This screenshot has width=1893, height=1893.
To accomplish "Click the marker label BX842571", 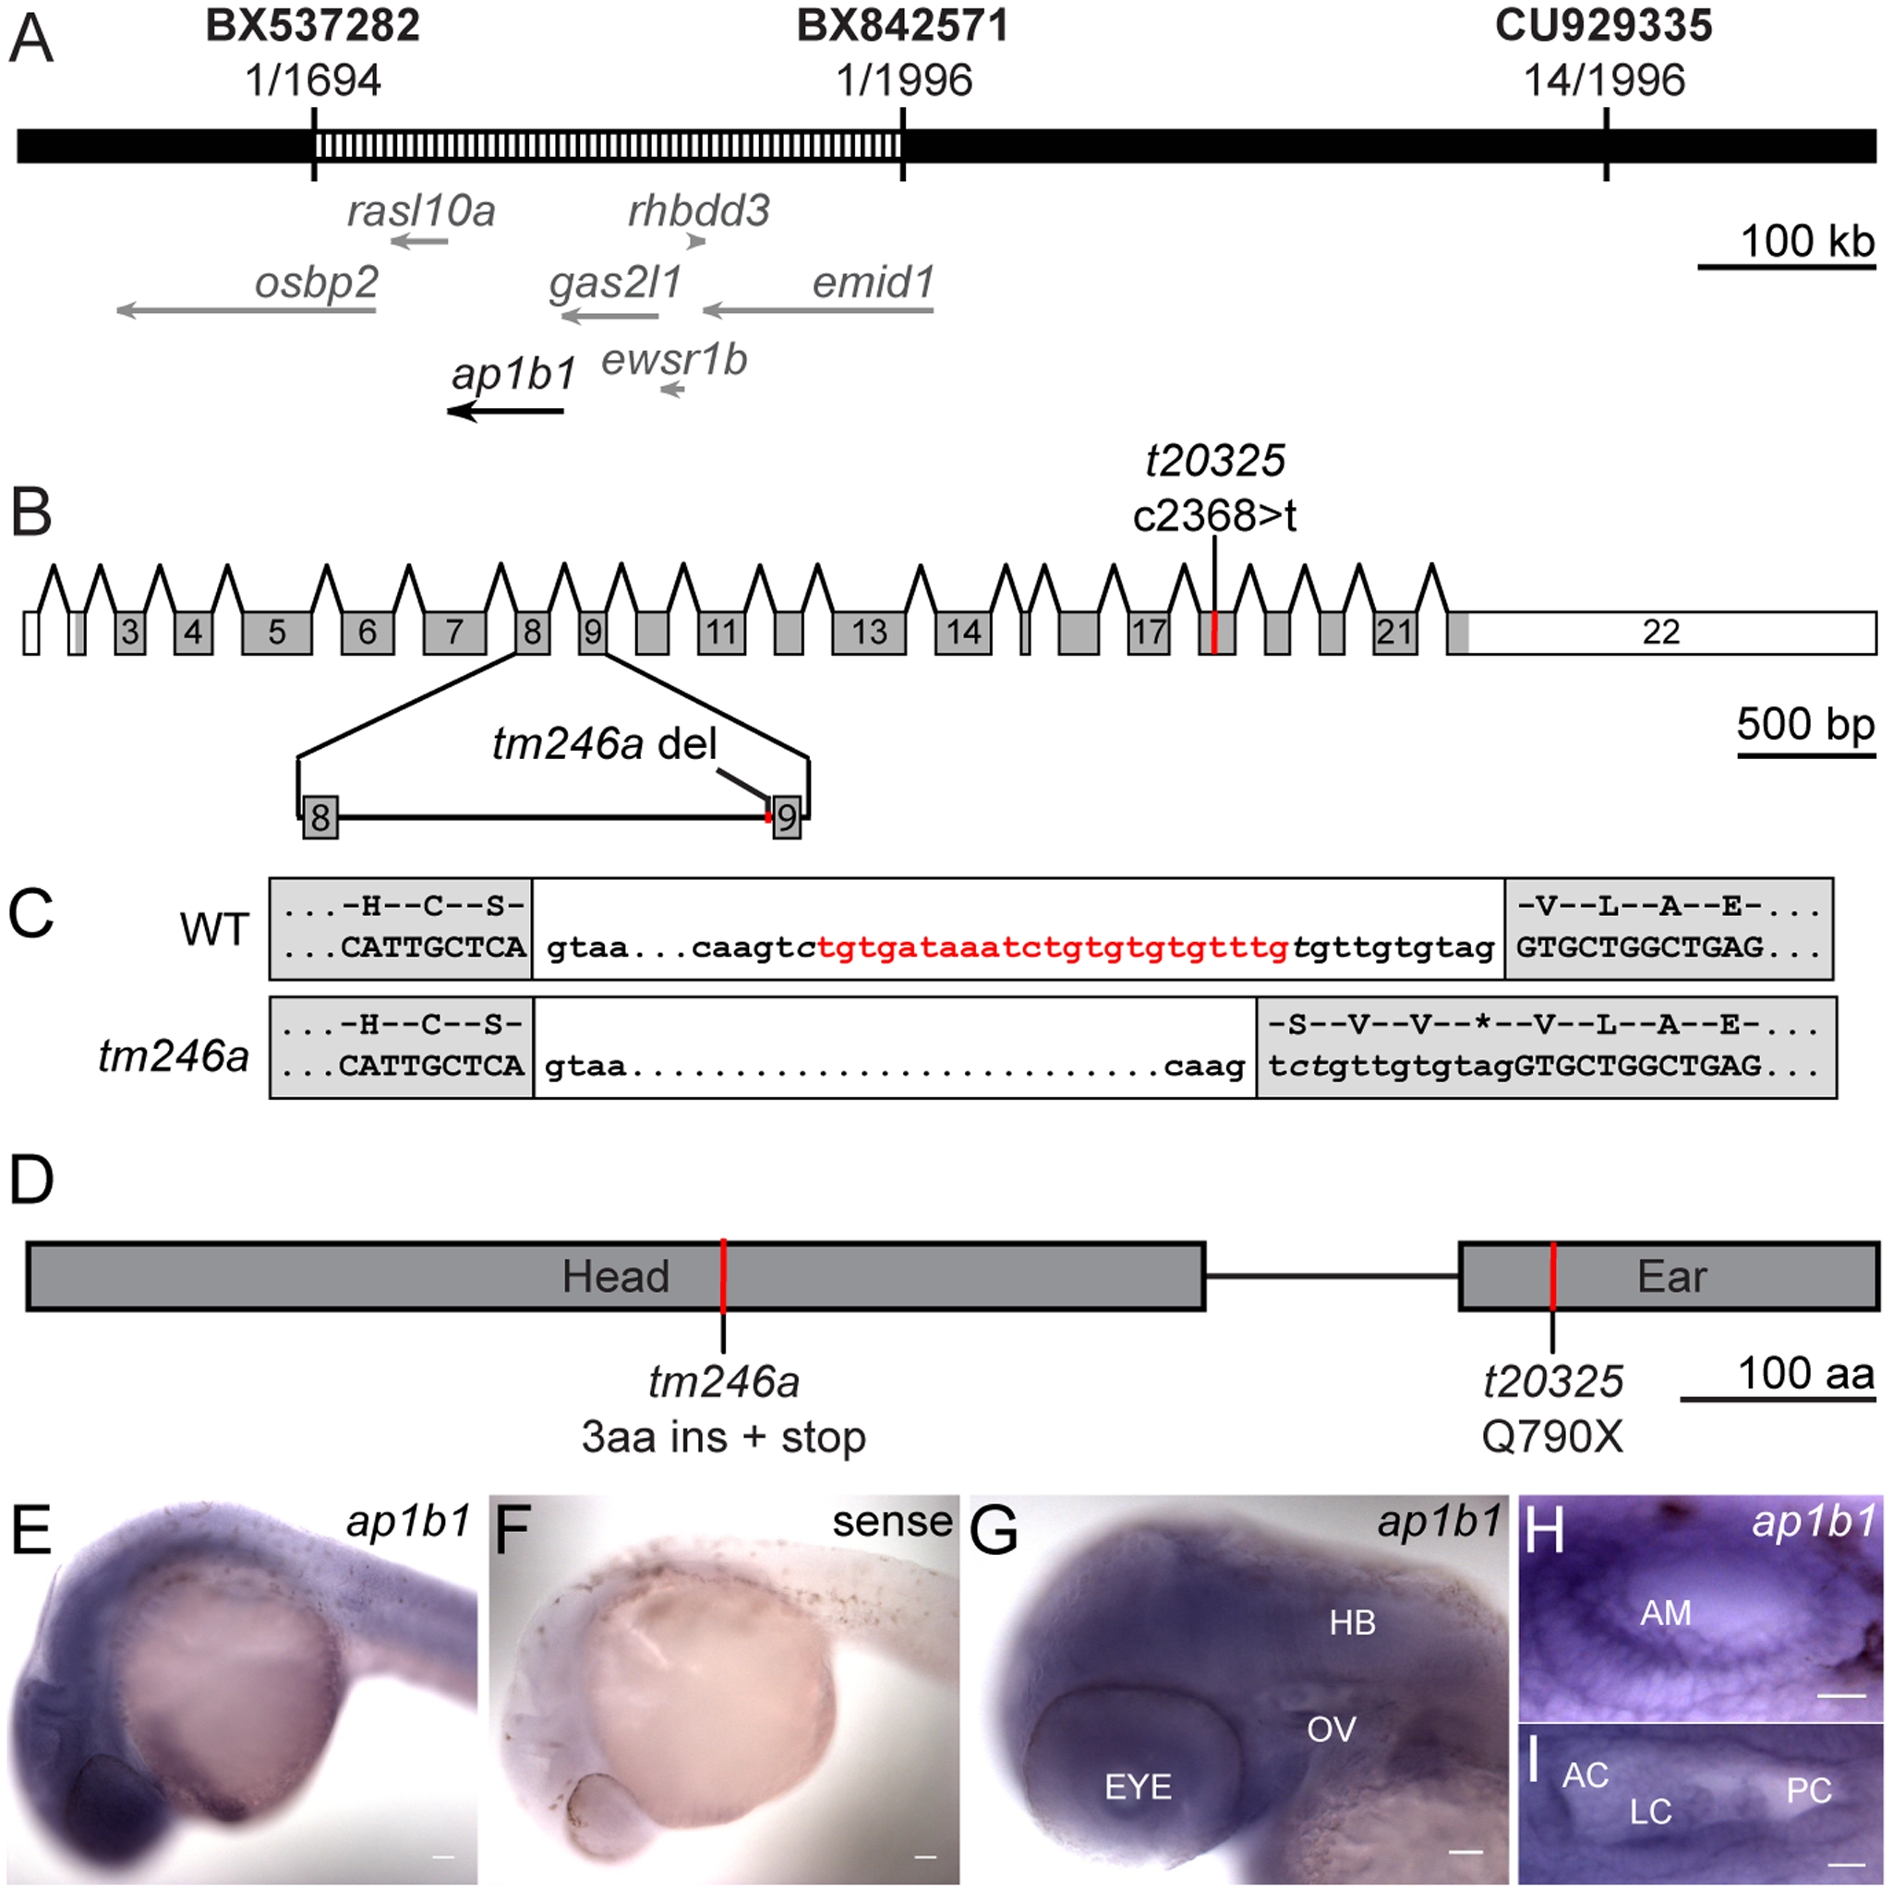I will [901, 27].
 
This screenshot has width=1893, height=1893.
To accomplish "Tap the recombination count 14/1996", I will [1604, 80].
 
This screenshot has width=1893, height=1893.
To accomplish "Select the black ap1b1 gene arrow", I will [507, 412].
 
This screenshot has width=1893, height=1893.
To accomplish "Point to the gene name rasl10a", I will [421, 211].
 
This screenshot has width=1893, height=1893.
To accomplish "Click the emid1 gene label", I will [873, 283].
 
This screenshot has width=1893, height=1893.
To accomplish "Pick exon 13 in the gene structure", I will [868, 633].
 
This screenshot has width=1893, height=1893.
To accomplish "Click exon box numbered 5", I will [277, 633].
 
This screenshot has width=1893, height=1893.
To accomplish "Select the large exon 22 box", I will [1661, 633].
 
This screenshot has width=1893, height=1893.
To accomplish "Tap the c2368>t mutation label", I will [1214, 515].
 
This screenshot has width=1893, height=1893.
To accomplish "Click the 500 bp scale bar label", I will [1805, 725].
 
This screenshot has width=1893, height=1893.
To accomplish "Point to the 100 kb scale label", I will [1807, 241].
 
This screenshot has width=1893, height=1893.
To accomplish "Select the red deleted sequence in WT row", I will [1053, 947].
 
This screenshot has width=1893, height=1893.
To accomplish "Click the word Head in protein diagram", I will [615, 1277].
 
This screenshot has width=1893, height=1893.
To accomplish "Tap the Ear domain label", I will [1671, 1277].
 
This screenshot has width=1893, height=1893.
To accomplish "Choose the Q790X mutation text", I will [1552, 1438].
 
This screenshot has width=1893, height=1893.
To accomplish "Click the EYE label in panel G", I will [1138, 1786].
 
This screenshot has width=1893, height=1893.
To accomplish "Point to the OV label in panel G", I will [1332, 1730].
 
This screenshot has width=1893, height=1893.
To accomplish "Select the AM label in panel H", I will [1666, 1613].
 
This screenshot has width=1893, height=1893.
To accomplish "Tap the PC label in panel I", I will [1809, 1791].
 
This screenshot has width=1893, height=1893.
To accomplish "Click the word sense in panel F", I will [892, 1522].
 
